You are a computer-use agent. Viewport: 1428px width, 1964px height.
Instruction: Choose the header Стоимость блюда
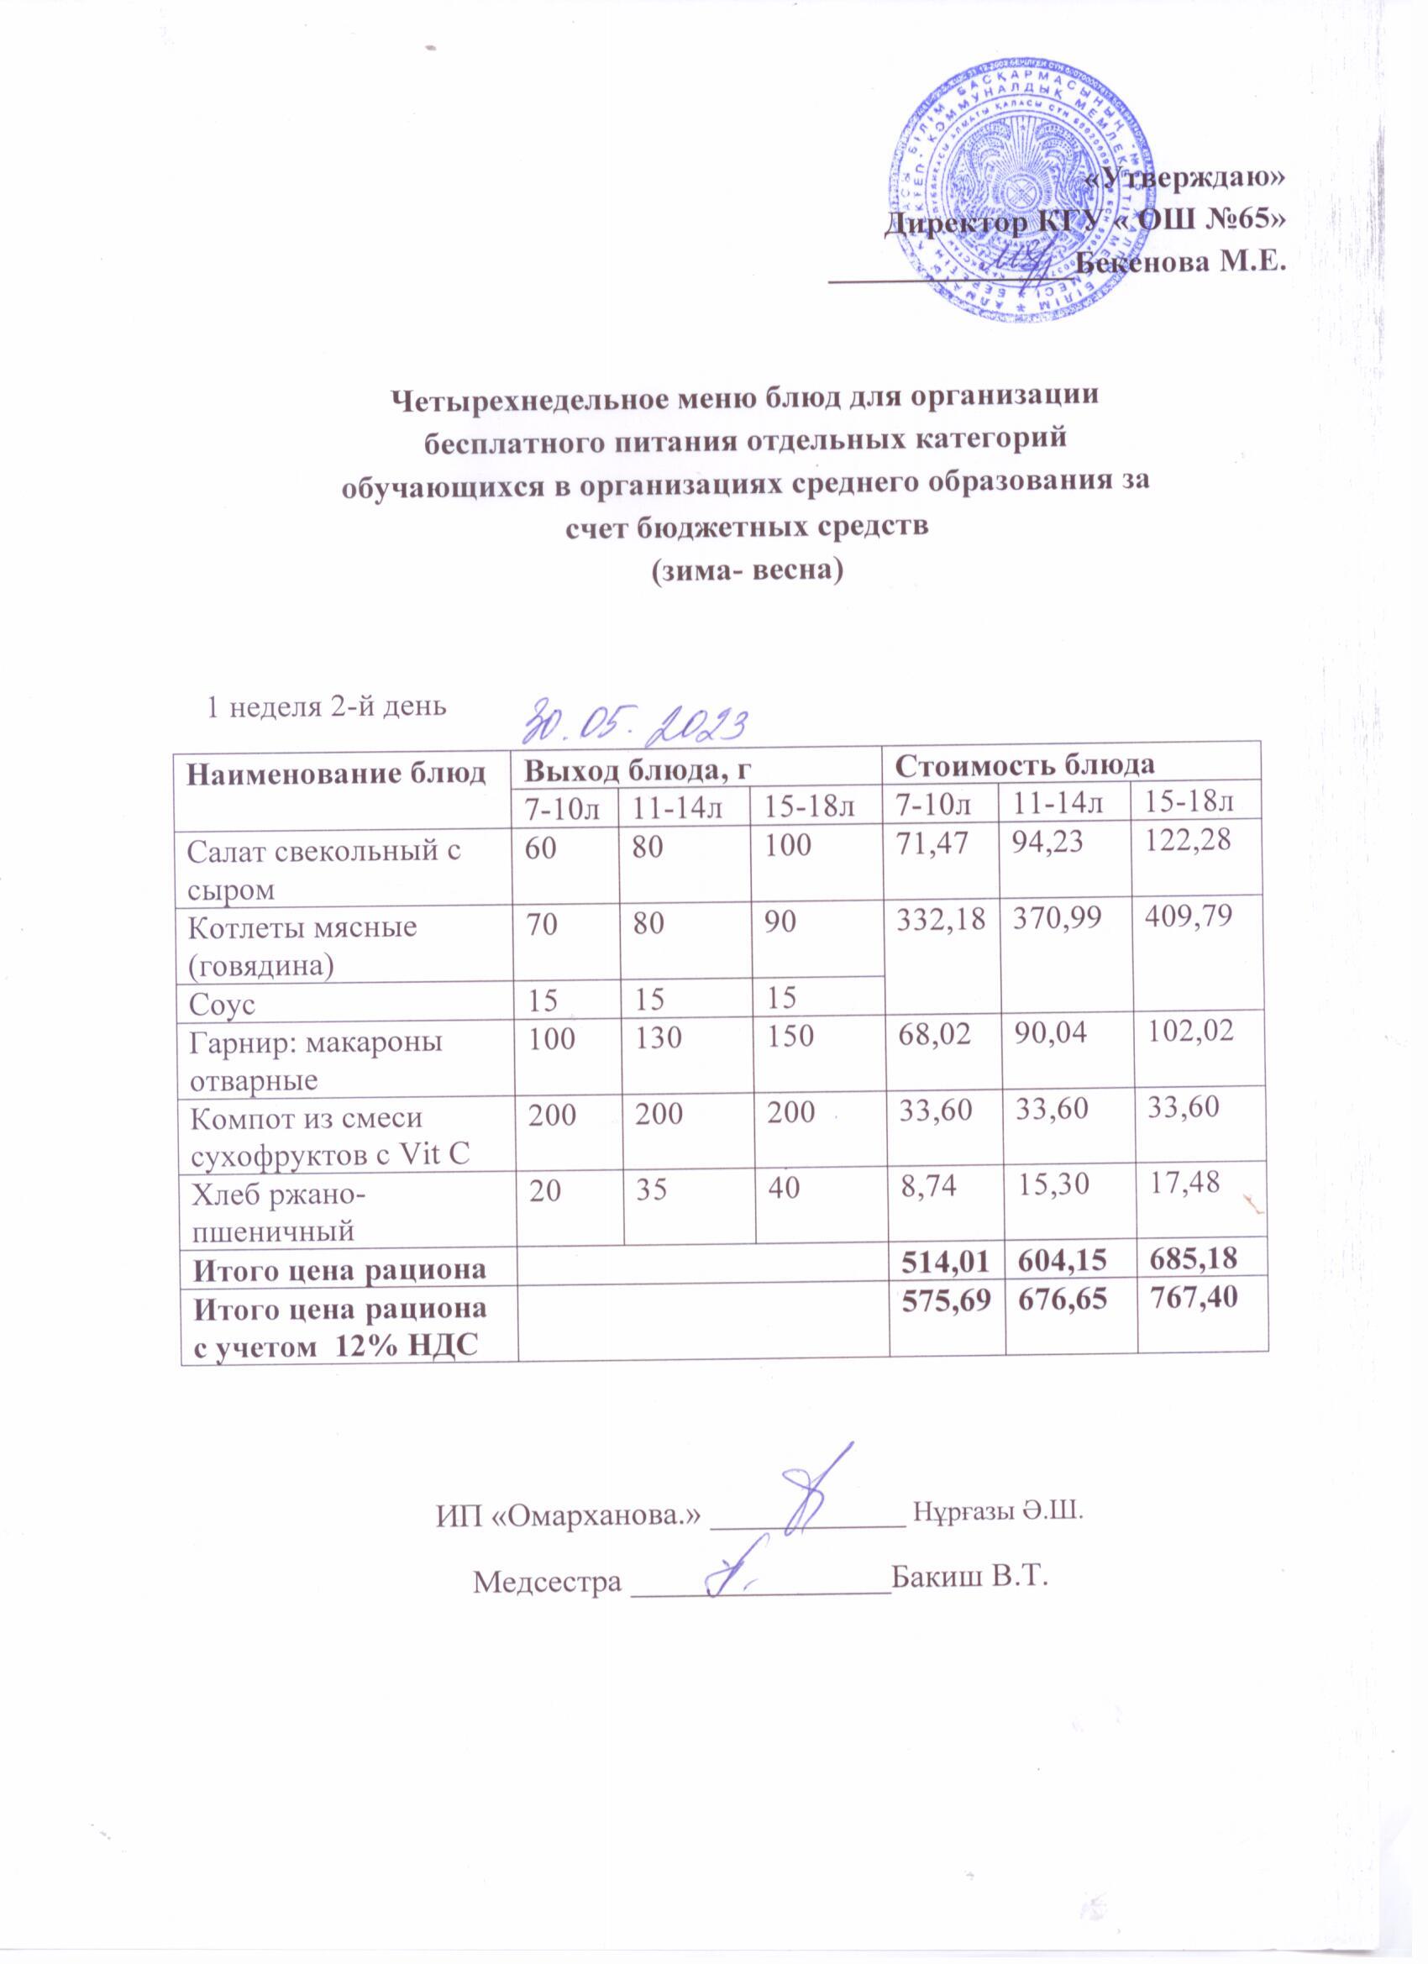pyautogui.click(x=1025, y=764)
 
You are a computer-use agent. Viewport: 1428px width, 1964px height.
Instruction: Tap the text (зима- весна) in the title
pyautogui.click(x=747, y=571)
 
